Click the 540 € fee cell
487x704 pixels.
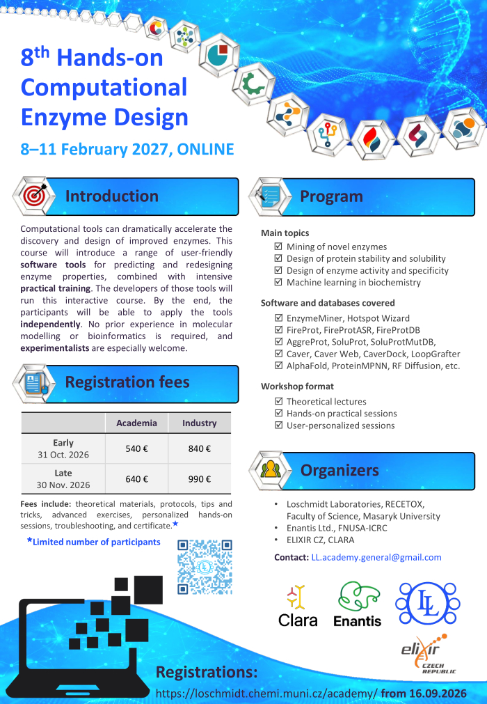click(x=137, y=448)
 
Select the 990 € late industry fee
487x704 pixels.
click(x=200, y=479)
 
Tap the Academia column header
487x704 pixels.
click(x=137, y=423)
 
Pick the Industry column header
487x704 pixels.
click(x=200, y=423)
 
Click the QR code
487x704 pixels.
click(x=205, y=567)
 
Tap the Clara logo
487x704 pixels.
click(x=298, y=605)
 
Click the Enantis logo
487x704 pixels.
click(x=358, y=604)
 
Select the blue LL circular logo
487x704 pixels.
click(x=428, y=603)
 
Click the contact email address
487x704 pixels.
click(x=376, y=557)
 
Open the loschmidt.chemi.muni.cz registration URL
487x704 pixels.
click(x=266, y=694)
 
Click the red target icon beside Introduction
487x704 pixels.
click(x=35, y=196)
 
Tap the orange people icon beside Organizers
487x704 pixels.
click(x=271, y=469)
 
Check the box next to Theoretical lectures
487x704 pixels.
click(x=278, y=401)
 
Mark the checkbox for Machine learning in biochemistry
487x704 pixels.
click(x=278, y=282)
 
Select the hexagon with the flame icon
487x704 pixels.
click(x=372, y=139)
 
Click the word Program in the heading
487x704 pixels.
click(x=331, y=196)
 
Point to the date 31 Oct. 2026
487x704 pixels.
click(x=63, y=455)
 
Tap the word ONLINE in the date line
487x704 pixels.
click(x=205, y=149)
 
